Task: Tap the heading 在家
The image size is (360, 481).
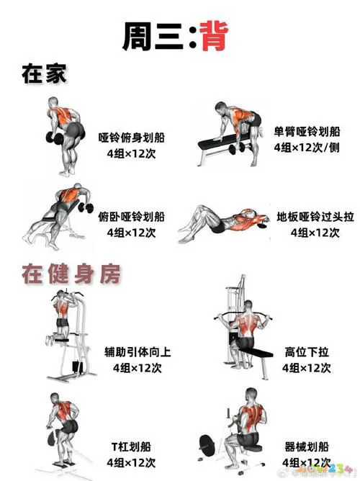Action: point(44,73)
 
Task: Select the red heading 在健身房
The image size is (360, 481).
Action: point(71,274)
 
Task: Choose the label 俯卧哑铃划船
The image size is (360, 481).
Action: point(135,216)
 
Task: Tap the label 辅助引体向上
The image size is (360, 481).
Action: point(137,352)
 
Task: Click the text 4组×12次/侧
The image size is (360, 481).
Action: point(306,148)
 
